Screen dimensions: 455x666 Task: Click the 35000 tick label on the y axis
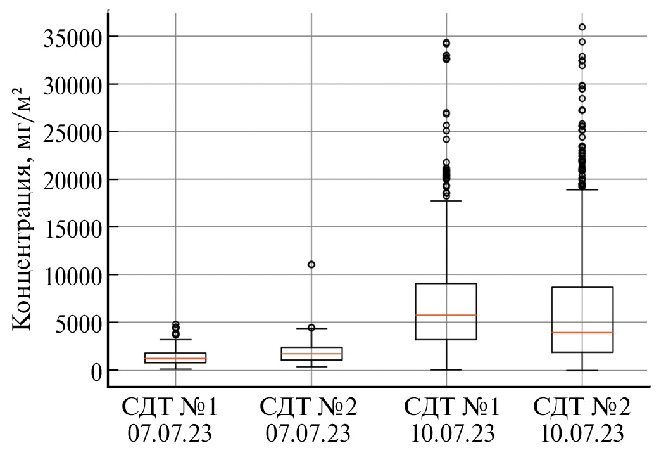tap(72, 37)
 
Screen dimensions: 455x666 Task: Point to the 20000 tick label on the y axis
tap(72, 181)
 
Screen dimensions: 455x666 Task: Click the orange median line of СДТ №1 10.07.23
tap(446, 315)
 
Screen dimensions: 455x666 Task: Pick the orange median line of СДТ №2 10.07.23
tap(582, 332)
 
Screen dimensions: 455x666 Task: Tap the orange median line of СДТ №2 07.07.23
tap(311, 354)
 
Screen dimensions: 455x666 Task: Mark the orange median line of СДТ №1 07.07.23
tap(175, 359)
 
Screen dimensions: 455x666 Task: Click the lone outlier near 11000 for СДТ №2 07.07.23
tap(311, 264)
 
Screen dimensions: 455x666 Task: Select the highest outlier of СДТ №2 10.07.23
tap(582, 27)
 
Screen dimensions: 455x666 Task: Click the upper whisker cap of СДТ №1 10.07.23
tap(446, 200)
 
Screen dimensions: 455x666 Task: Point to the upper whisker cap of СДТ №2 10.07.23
tap(582, 189)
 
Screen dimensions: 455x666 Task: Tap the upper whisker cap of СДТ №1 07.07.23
tap(175, 340)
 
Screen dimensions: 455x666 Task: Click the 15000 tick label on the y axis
tap(72, 228)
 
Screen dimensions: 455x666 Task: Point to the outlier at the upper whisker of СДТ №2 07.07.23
tap(311, 328)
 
